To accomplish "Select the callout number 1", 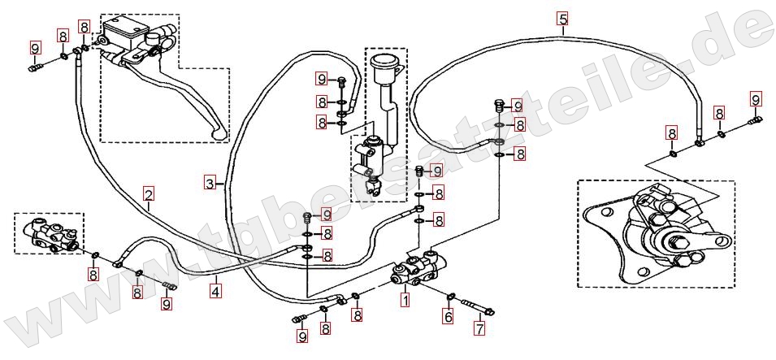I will click(404, 300).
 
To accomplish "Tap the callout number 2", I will click(148, 195).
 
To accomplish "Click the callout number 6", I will click(448, 317).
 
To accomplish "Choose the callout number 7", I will click(479, 328).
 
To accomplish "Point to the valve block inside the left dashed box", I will click(50, 233).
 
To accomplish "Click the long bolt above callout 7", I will click(479, 308).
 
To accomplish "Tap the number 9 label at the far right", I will click(756, 100).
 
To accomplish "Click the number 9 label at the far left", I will click(34, 49).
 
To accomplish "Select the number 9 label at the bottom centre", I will click(301, 336).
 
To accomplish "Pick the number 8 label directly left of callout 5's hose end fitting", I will click(671, 132).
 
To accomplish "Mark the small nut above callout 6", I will click(451, 297).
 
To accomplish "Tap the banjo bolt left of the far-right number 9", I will click(755, 121).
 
